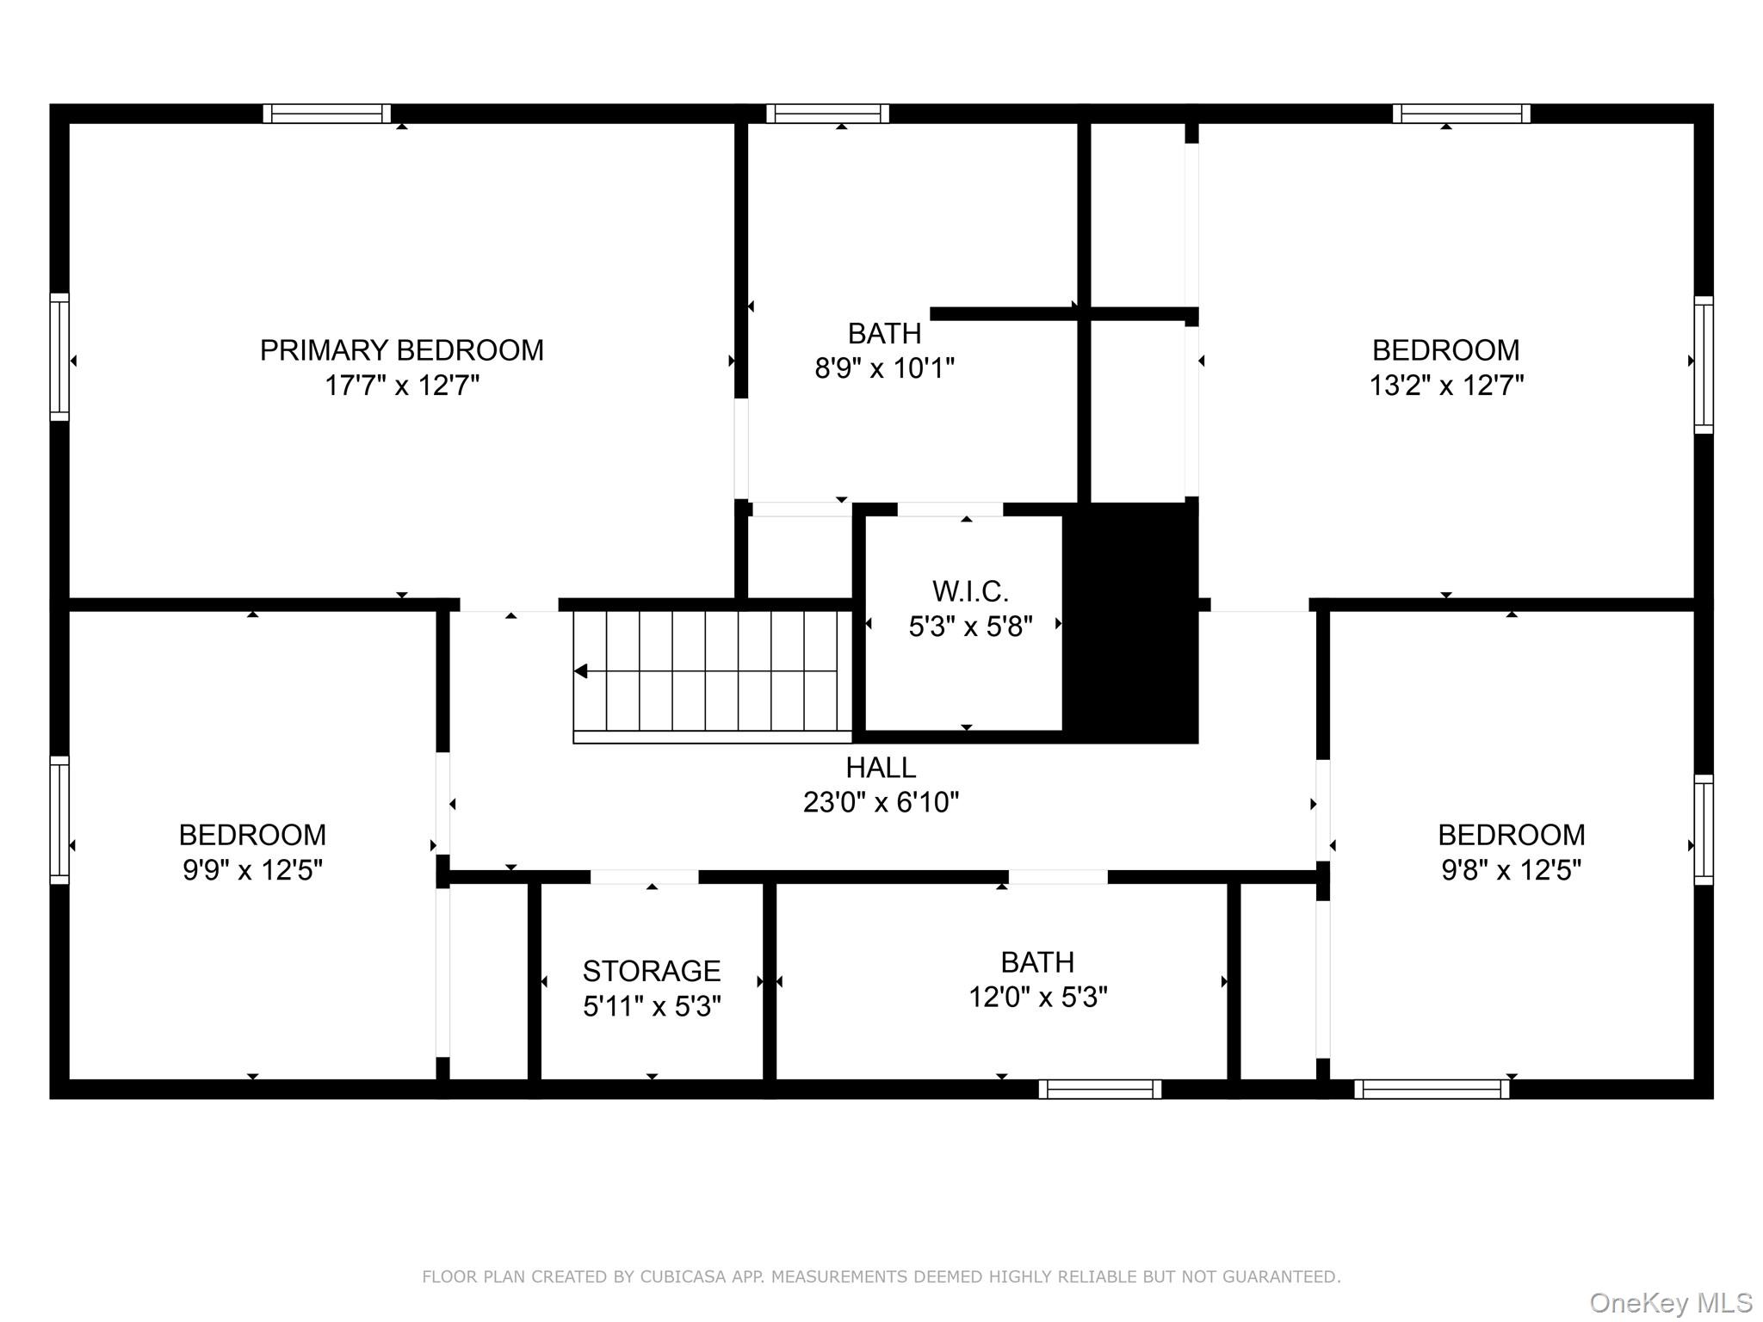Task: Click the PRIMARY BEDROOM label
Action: (x=402, y=350)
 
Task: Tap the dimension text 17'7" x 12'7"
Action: (x=402, y=385)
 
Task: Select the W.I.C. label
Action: (x=970, y=591)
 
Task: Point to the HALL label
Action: (x=881, y=767)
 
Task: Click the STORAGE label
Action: (x=652, y=971)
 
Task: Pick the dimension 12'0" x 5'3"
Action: (x=1038, y=997)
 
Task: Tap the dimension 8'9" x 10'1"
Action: (x=885, y=368)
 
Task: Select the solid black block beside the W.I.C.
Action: (x=1131, y=623)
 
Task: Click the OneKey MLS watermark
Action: (x=1671, y=1302)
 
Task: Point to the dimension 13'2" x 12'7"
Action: (x=1446, y=385)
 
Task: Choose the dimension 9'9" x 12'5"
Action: (x=252, y=870)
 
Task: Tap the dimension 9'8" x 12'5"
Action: (x=1512, y=870)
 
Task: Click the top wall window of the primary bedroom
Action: (x=327, y=114)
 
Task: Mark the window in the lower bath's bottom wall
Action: (x=1100, y=1089)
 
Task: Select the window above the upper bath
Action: (x=828, y=114)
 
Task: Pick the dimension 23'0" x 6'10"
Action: (x=881, y=802)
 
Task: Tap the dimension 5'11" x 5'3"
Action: (x=652, y=1006)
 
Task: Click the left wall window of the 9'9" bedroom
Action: (x=59, y=820)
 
